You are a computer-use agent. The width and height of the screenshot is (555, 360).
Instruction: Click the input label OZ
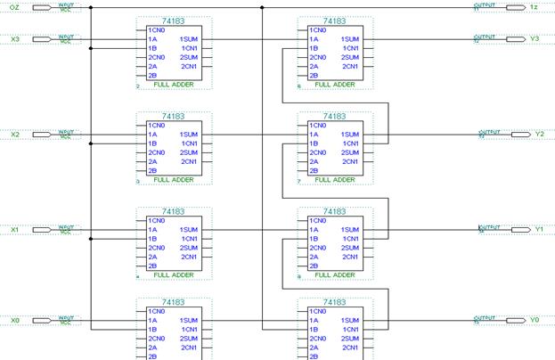coord(14,7)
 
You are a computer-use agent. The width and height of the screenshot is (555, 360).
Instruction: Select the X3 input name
coord(14,39)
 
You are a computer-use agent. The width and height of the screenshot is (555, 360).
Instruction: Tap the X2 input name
coord(14,135)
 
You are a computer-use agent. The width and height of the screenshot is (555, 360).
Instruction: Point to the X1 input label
coord(14,230)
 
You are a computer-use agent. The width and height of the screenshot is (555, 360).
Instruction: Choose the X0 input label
coord(14,320)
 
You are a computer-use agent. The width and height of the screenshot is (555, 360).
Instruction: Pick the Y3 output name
coord(535,39)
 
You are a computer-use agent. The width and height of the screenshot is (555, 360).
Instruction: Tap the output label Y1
coord(538,230)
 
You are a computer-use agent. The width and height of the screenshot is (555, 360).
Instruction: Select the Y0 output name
coord(535,320)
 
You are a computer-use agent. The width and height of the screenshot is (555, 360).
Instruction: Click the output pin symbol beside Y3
coord(516,39)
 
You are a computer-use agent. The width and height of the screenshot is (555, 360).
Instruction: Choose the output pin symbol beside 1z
coord(516,7)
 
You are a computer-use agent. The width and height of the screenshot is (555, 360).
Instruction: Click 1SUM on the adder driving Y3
coord(349,39)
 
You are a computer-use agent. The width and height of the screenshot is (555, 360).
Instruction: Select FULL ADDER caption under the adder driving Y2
coord(333,180)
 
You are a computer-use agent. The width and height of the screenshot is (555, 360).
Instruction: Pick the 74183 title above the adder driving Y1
coord(334,212)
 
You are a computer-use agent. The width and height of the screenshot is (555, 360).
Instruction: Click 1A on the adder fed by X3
coord(152,39)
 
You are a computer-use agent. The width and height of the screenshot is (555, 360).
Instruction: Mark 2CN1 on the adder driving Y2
coord(349,161)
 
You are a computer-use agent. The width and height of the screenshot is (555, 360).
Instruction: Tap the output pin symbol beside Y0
coord(516,320)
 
